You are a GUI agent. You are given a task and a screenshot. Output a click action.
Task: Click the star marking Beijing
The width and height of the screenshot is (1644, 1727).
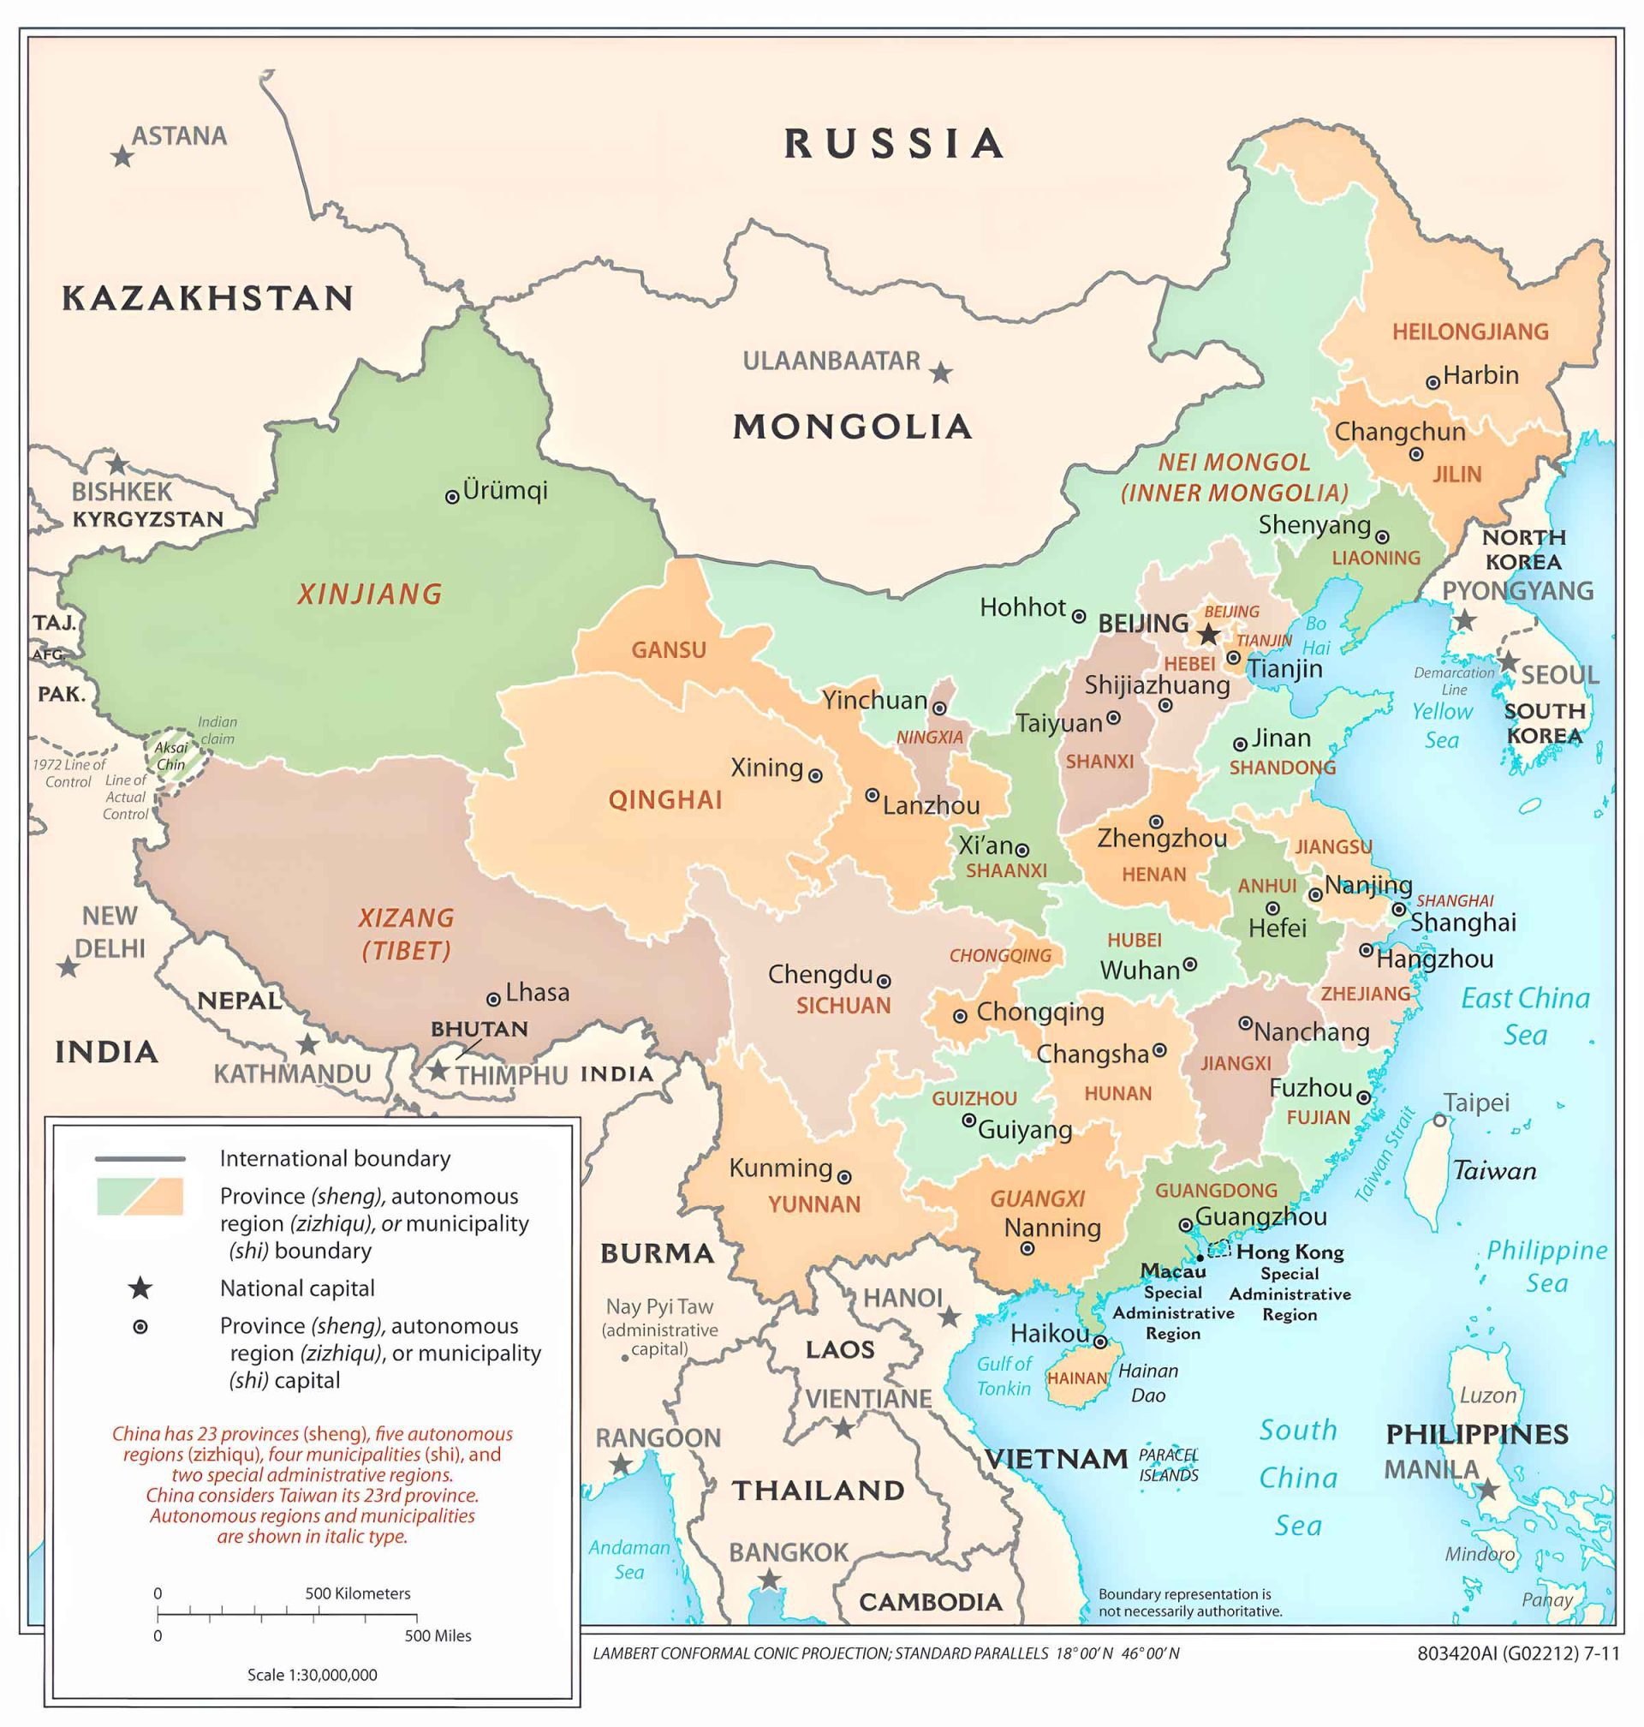pyautogui.click(x=1209, y=635)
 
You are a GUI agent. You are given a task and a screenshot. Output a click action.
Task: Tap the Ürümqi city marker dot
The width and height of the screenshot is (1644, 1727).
pyautogui.click(x=452, y=497)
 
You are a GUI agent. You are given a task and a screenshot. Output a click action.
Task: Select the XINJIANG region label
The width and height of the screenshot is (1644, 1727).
pyautogui.click(x=370, y=595)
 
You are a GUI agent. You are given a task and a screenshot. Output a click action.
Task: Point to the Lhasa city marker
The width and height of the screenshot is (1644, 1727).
pyautogui.click(x=493, y=1000)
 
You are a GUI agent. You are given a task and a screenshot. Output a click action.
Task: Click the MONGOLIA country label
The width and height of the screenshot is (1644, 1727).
pyautogui.click(x=852, y=427)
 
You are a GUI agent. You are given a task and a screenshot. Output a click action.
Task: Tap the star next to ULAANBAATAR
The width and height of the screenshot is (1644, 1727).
pyautogui.click(x=940, y=373)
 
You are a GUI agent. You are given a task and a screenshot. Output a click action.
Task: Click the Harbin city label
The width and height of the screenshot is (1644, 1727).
pyautogui.click(x=1480, y=375)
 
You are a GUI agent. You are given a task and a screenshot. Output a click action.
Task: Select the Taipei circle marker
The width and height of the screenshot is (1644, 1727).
pyautogui.click(x=1440, y=1120)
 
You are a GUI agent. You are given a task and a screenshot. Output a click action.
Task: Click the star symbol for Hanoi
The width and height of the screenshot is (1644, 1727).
pyautogui.click(x=949, y=1317)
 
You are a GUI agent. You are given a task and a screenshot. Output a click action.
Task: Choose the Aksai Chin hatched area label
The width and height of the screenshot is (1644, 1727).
pyautogui.click(x=171, y=756)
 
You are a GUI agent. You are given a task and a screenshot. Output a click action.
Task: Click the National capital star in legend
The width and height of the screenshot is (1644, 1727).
pyautogui.click(x=140, y=1288)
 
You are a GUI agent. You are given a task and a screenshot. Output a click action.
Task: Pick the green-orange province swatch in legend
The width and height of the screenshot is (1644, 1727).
pyautogui.click(x=140, y=1197)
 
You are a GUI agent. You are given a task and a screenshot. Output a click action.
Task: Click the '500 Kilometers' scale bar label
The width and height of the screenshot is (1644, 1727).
pyautogui.click(x=358, y=1593)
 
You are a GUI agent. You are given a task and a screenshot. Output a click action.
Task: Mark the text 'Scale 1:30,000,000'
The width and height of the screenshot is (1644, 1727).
pyautogui.click(x=312, y=1675)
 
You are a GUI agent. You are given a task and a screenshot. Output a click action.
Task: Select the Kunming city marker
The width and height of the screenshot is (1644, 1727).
pyautogui.click(x=844, y=1177)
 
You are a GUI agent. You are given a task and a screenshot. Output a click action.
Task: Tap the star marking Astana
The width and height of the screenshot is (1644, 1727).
pyautogui.click(x=122, y=157)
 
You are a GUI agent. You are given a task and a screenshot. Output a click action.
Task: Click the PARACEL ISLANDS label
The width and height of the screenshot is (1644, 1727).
pyautogui.click(x=1168, y=1465)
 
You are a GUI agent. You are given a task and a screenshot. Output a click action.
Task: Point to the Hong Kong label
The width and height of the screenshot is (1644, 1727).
pyautogui.click(x=1290, y=1252)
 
